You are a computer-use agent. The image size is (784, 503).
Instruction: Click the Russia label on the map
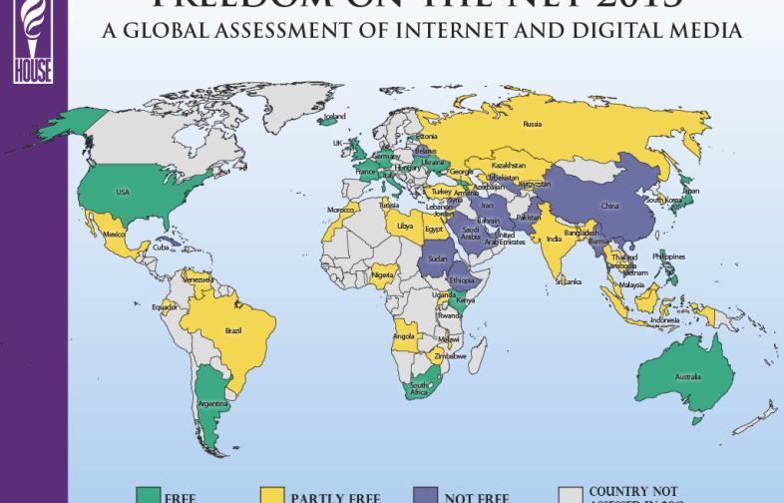tap(532, 125)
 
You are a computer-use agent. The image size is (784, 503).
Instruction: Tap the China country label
tap(609, 206)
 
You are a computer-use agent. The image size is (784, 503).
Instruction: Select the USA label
tap(123, 192)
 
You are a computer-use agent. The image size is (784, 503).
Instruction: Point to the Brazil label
tap(234, 328)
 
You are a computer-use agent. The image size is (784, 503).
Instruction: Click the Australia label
tap(687, 376)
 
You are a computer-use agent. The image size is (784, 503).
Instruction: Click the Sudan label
tap(437, 258)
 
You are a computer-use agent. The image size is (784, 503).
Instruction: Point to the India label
tap(554, 238)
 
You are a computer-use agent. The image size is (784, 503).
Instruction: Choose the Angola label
tap(404, 335)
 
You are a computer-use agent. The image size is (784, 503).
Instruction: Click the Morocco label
tap(340, 210)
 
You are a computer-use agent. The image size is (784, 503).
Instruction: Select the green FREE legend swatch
tap(150, 495)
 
